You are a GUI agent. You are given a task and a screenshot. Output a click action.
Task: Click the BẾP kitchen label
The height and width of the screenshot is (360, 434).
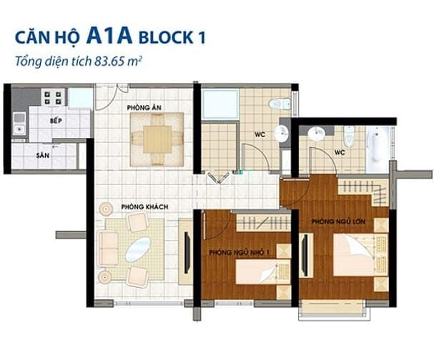(56, 121)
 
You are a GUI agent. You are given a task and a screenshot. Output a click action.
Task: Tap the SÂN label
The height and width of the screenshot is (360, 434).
(43, 156)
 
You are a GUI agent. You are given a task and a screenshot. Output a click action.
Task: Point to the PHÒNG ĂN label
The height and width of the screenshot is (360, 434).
(144, 107)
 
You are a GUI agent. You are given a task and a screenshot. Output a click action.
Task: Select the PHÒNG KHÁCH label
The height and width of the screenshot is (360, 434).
(144, 207)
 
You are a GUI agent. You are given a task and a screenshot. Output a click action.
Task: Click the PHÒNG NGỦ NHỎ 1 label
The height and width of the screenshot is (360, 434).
(239, 253)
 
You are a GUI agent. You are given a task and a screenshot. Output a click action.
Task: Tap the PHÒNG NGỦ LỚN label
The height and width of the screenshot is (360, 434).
(338, 221)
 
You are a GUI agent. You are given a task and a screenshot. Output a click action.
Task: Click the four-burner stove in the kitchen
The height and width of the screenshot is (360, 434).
(53, 98)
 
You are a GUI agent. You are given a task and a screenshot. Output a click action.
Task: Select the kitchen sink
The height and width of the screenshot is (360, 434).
(19, 124)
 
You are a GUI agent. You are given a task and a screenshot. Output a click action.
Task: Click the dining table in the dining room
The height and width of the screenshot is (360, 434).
(157, 139)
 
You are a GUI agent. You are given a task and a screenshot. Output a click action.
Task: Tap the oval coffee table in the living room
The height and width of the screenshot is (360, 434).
(138, 250)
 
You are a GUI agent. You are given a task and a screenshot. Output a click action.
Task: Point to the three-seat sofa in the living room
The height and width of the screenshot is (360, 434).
(108, 249)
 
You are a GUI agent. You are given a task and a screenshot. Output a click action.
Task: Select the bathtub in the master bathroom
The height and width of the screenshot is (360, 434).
(378, 149)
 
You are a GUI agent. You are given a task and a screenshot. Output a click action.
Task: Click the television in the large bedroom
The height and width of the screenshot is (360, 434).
(305, 255)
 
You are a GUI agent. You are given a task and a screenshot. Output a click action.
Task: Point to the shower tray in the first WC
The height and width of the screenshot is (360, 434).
(220, 104)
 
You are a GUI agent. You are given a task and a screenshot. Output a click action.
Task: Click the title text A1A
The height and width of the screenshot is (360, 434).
(109, 36)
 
